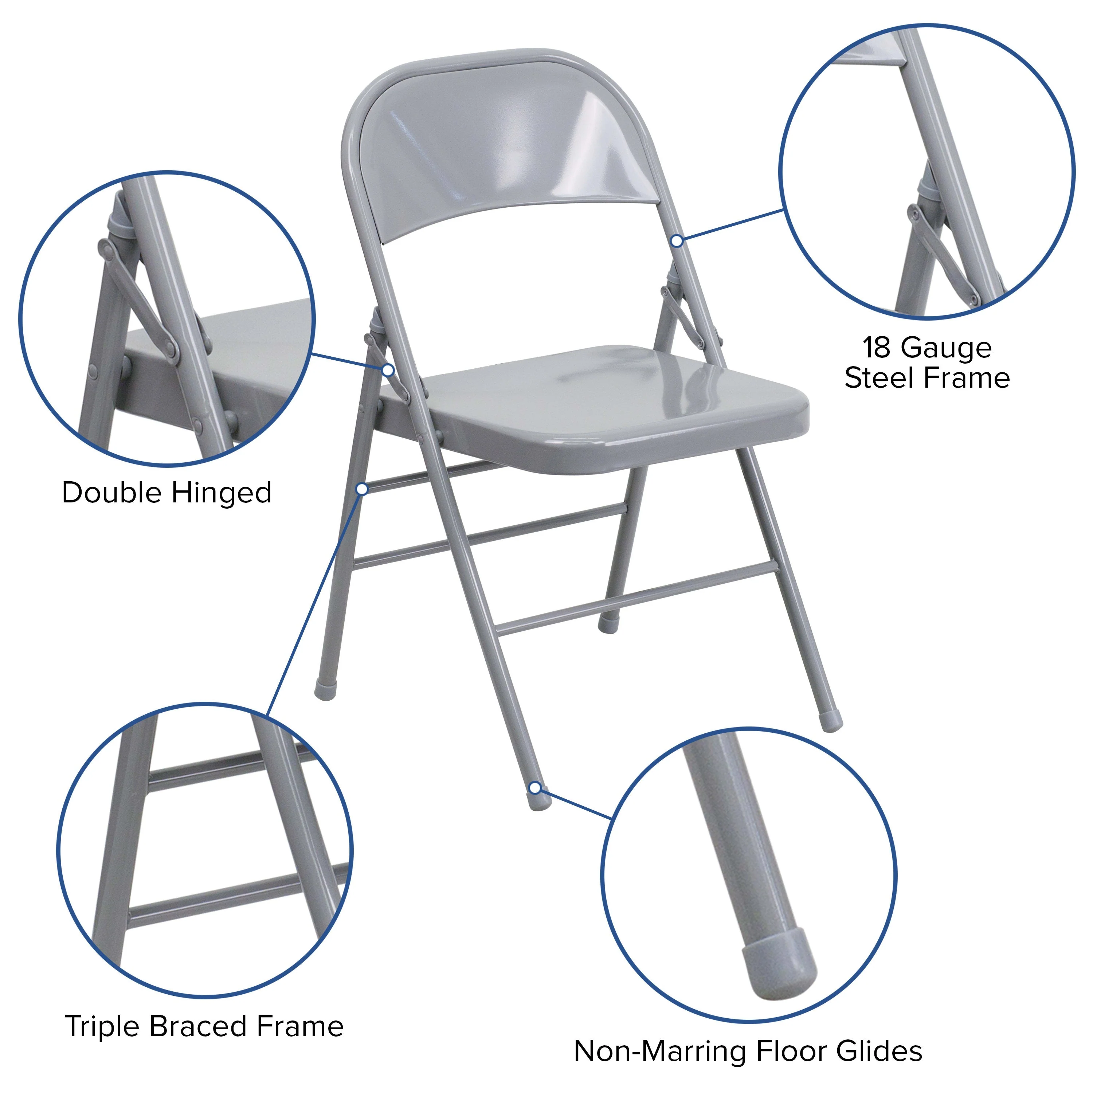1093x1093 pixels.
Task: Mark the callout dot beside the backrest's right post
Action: [x=677, y=240]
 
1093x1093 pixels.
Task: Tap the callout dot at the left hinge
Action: [x=388, y=370]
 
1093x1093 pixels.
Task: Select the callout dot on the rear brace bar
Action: [x=362, y=488]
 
